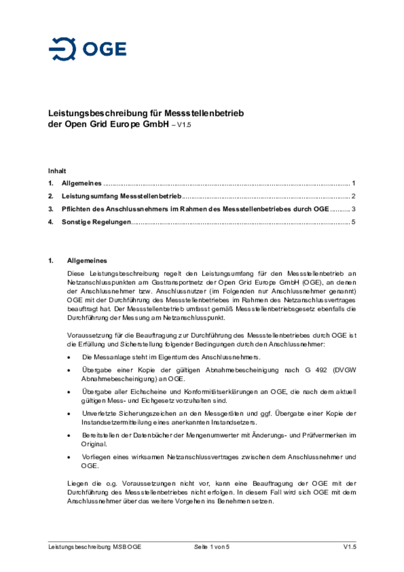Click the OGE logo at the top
click(87, 49)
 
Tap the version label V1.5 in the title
click(184, 125)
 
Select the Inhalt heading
click(57, 171)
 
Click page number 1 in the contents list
click(353, 183)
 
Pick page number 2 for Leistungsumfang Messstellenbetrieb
click(353, 196)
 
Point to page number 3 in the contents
click(353, 209)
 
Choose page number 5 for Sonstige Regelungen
click(353, 222)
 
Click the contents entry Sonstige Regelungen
click(96, 222)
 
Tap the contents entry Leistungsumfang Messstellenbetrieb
click(121, 196)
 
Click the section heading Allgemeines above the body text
click(87, 261)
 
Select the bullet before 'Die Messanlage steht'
click(69, 358)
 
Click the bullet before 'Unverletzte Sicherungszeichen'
click(69, 414)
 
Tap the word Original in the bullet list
click(94, 444)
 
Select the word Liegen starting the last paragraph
click(77, 484)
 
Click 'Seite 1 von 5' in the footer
click(212, 547)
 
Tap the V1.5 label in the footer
click(350, 547)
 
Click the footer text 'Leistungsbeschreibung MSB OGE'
click(95, 547)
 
